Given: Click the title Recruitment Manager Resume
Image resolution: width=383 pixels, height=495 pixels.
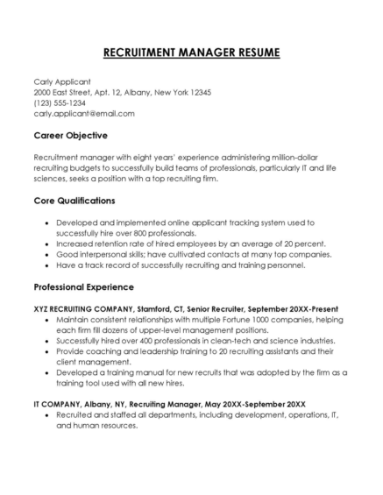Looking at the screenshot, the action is (191, 53).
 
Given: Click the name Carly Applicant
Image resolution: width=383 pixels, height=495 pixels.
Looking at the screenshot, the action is (63, 81).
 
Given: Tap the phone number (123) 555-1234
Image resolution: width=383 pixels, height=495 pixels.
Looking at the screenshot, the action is (61, 103).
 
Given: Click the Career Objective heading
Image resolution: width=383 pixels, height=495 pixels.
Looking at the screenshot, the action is (70, 136).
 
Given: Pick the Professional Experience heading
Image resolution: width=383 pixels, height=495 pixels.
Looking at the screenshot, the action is (83, 286).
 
